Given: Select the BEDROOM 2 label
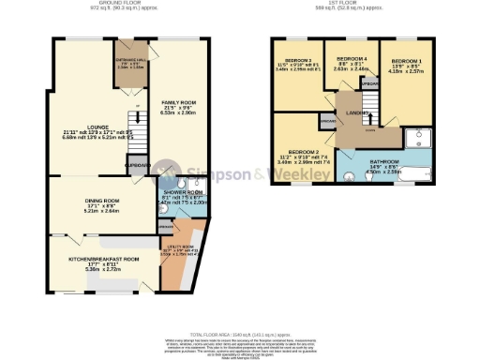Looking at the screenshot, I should (x=306, y=151).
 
